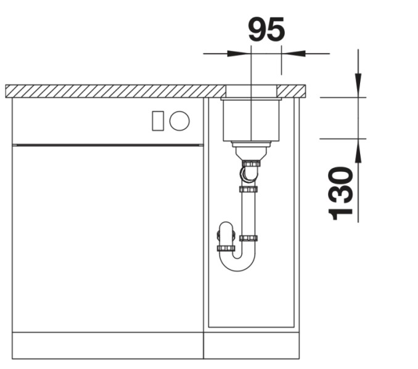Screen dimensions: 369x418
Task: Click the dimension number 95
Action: click(x=266, y=30)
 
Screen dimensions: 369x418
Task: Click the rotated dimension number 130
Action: click(x=342, y=193)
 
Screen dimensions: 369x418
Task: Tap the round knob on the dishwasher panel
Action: click(x=179, y=121)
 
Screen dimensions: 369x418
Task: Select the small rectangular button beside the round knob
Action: click(x=158, y=121)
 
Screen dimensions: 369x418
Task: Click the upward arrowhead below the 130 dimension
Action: click(x=358, y=150)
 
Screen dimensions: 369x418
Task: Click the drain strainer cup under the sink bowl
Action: click(x=251, y=152)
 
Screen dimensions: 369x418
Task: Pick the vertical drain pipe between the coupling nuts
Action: click(x=249, y=213)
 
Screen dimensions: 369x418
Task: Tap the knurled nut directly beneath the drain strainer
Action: click(x=252, y=164)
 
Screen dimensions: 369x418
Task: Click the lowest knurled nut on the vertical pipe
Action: click(x=248, y=238)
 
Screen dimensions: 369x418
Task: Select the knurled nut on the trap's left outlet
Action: click(x=226, y=248)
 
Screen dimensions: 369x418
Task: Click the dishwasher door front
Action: click(x=107, y=237)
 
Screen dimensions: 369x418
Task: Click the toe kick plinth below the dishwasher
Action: click(x=107, y=346)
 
